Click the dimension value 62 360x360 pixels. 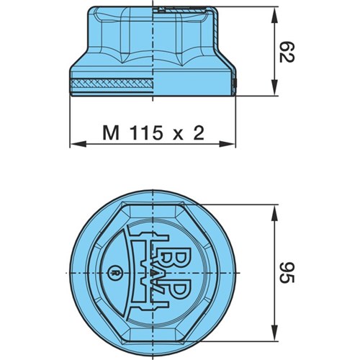(287, 52)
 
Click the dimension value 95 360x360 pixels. (287, 272)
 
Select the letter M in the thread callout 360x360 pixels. (111, 133)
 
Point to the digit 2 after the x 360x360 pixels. (199, 133)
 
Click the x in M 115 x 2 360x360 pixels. (178, 135)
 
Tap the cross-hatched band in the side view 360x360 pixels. (112, 84)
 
